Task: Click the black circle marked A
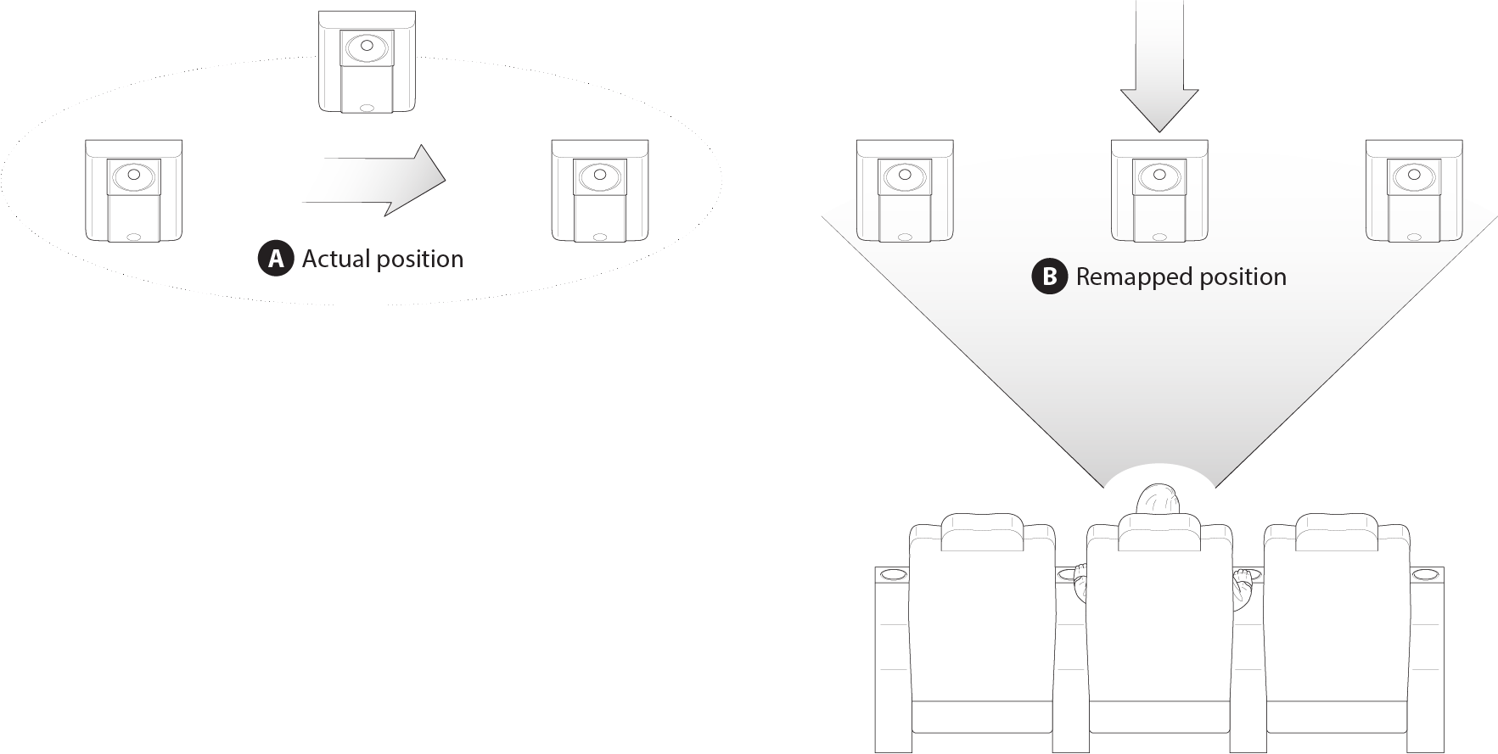[275, 259]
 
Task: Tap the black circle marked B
[1049, 276]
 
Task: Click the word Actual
[334, 259]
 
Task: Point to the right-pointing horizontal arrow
[373, 180]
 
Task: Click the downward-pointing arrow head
[1159, 110]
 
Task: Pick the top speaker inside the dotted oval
[367, 62]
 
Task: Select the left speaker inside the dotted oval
[133, 191]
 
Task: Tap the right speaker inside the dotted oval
[600, 191]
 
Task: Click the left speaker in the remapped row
[905, 191]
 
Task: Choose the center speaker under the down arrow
[1159, 191]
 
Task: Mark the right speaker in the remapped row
[1414, 191]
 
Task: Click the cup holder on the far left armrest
[892, 575]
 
